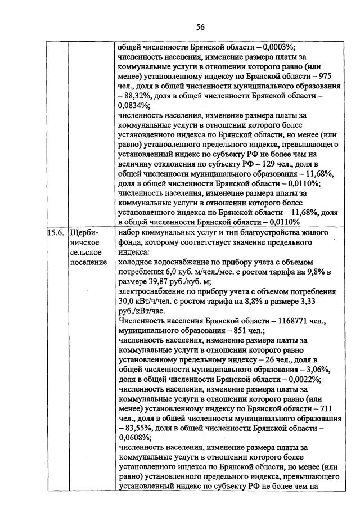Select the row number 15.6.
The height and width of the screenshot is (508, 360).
click(x=56, y=232)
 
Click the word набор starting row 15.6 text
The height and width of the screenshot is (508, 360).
click(x=130, y=232)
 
